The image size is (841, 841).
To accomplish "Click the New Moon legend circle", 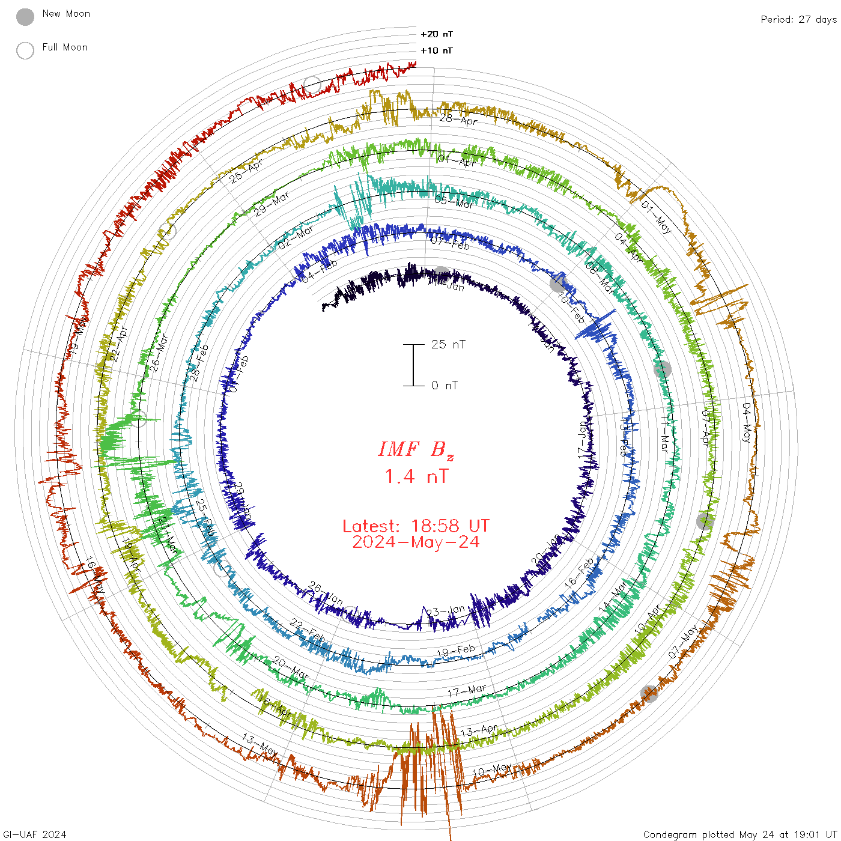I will (25, 17).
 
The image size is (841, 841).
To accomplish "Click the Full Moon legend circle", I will (25, 50).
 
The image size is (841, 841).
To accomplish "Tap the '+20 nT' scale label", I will (437, 34).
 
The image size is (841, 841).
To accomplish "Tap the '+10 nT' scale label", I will (437, 50).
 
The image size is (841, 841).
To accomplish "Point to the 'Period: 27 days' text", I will (798, 19).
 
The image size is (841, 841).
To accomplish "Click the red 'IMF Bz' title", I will (416, 449).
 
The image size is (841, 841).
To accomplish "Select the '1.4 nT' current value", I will (416, 477).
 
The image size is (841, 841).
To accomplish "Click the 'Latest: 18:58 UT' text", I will (416, 526).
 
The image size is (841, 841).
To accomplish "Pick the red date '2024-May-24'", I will (416, 542).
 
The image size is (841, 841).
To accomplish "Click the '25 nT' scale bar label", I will (448, 344).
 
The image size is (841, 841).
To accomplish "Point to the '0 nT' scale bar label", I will (445, 385).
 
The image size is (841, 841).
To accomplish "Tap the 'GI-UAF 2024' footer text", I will (35, 834).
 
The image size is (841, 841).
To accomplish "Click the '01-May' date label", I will (656, 217).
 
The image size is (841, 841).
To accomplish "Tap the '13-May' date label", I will (260, 745).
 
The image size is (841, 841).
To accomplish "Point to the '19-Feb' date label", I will (456, 651).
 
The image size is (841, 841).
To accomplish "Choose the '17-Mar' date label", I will (467, 691).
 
